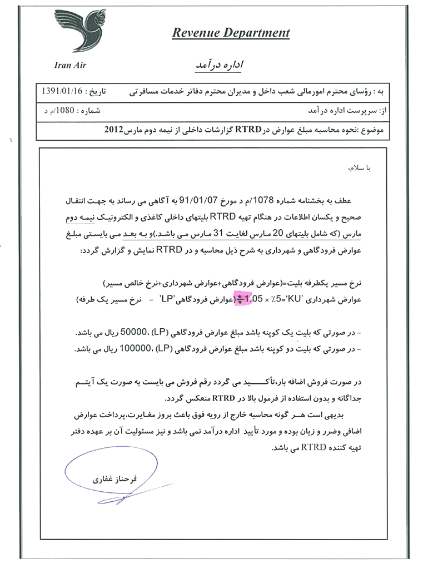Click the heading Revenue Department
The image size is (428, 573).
click(x=230, y=33)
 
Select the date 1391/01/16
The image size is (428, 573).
click(x=62, y=90)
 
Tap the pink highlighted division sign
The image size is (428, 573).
click(x=240, y=300)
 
